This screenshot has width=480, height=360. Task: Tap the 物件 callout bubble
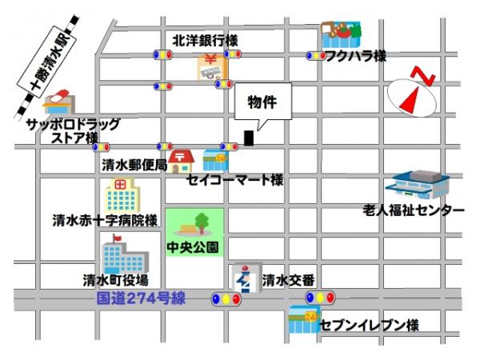262,105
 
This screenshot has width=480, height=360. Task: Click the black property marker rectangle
249,138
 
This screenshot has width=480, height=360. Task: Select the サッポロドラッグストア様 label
73,131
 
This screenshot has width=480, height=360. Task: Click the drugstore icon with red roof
57,102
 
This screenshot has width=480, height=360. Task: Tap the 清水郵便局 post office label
134,166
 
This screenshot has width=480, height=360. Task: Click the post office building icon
182,161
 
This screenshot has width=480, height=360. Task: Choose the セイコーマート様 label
235,181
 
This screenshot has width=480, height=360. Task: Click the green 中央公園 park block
194,231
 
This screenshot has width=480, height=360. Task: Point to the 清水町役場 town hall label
115,280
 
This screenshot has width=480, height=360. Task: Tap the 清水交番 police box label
288,279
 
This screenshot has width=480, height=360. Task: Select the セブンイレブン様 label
369,326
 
